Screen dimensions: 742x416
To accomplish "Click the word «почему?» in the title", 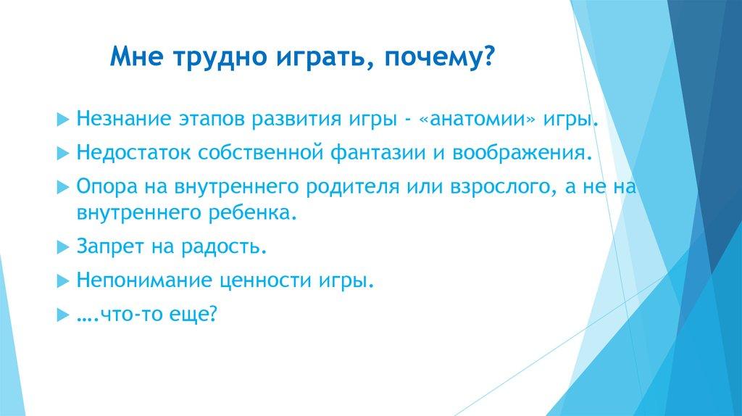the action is tap(438, 57).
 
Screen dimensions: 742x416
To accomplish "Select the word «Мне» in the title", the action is tap(137, 56).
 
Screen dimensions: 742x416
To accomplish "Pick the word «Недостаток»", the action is tap(133, 154).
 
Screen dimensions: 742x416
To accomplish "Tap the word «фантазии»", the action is tap(378, 154).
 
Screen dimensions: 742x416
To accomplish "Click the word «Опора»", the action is tap(106, 186).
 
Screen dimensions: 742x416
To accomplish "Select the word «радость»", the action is tap(225, 246).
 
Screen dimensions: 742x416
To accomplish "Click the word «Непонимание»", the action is tap(145, 280).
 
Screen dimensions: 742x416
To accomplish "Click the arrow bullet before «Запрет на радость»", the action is tap(63, 248).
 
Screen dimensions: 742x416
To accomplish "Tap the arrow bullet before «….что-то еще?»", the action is tap(63, 315).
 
